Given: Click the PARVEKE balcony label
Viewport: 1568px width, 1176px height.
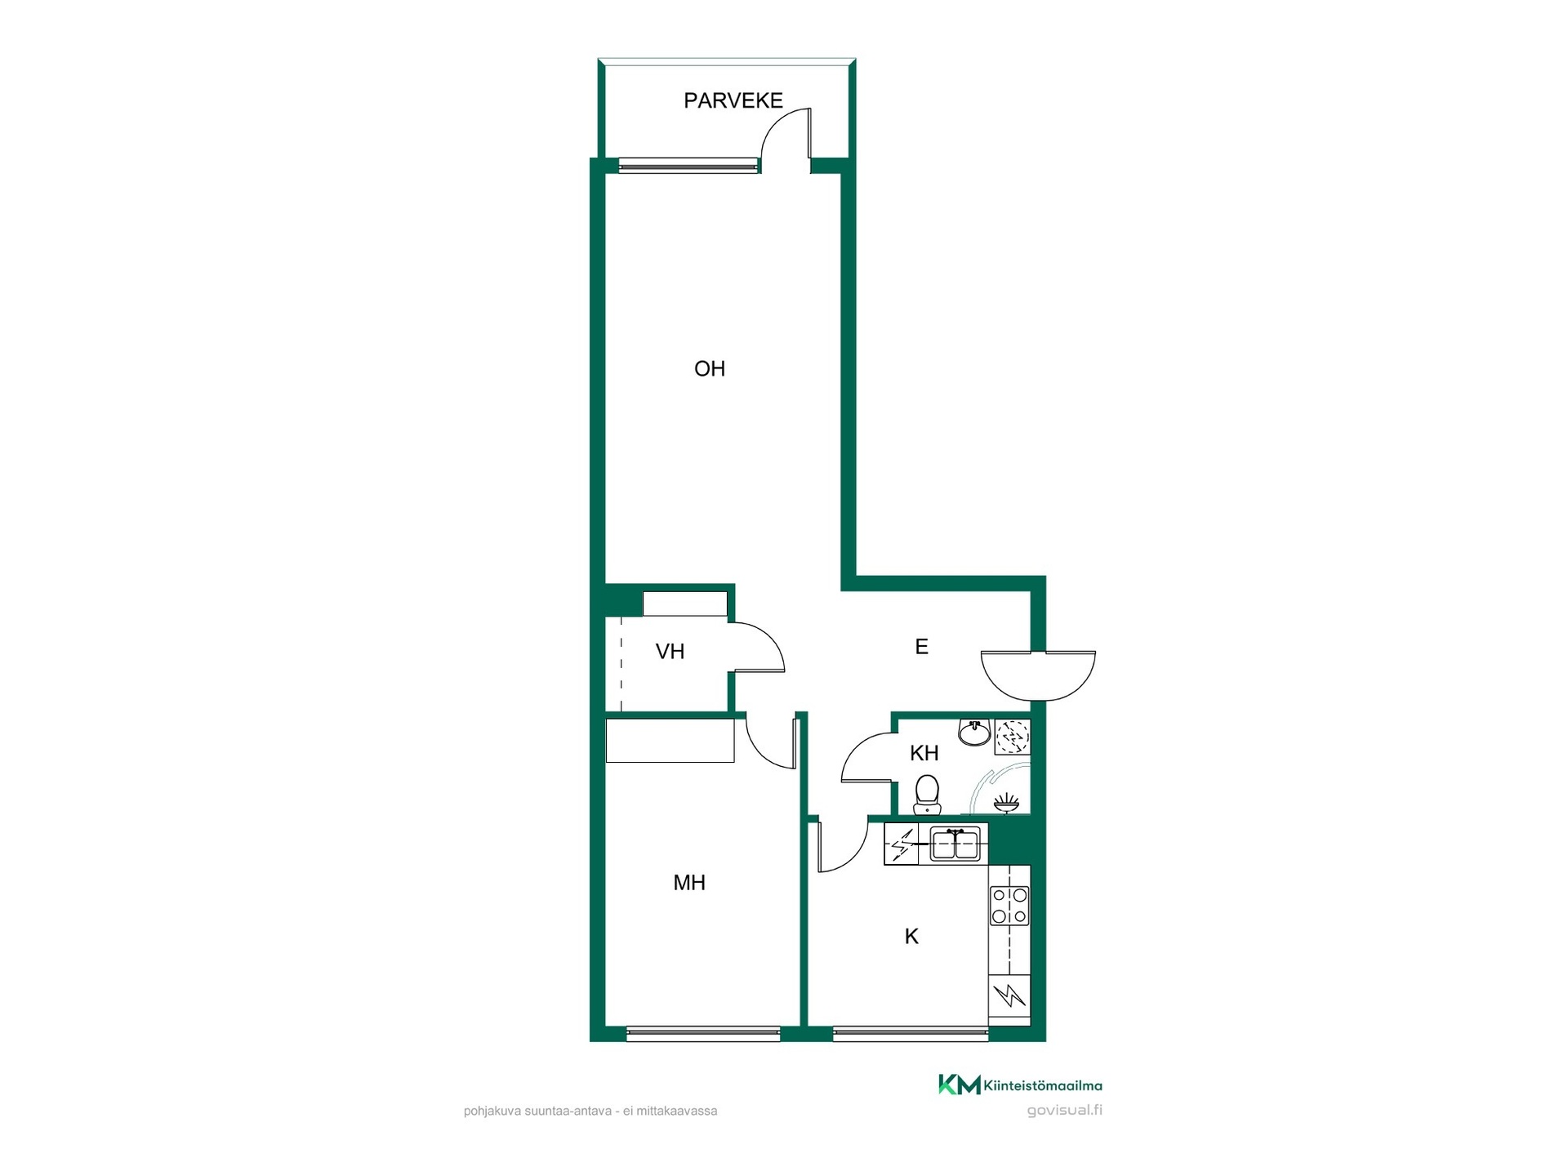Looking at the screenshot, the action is pos(733,100).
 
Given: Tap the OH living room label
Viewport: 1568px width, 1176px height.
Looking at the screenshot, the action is pos(710,369).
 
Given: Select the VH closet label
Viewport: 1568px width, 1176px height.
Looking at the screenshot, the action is pos(670,652).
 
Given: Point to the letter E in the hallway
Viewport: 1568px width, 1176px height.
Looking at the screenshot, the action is pos(921,647).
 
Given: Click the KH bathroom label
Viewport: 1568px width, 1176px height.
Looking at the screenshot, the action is pos(924,753).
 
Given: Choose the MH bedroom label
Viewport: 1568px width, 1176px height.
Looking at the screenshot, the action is pos(689,883).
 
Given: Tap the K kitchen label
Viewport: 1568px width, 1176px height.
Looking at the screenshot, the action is pos(911,937).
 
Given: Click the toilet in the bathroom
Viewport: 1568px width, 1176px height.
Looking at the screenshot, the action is pos(927,795).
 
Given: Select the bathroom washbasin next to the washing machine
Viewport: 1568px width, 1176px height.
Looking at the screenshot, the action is pos(974,733).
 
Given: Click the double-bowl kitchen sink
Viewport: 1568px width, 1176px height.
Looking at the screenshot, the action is pos(955,844).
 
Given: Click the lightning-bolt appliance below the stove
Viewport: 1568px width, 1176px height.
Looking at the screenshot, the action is pos(1009,996).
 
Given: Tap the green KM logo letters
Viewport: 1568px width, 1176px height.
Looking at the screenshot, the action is pos(959,1085).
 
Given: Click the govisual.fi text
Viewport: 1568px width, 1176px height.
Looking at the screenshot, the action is pos(1064,1111).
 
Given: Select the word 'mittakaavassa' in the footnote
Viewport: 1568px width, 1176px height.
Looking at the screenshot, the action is pos(682,1111).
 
